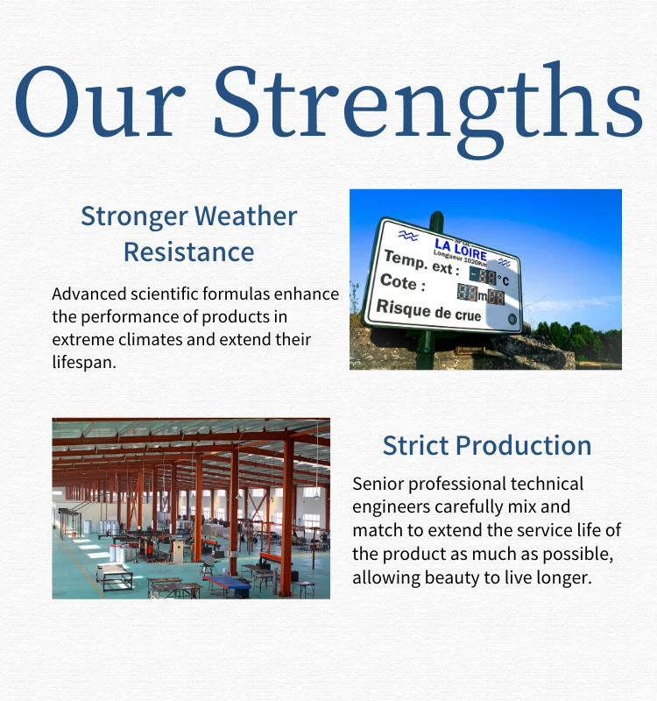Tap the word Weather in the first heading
(x=246, y=216)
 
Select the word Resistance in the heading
(x=188, y=251)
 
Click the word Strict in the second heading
(x=415, y=445)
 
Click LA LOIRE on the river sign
(x=461, y=250)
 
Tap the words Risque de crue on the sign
(x=428, y=309)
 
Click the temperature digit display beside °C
(x=483, y=276)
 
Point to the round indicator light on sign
(x=512, y=319)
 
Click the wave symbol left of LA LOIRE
(x=408, y=235)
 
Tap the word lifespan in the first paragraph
(x=84, y=362)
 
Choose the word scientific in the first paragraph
(x=164, y=294)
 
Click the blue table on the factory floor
(x=227, y=582)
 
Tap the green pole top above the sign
(x=436, y=218)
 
